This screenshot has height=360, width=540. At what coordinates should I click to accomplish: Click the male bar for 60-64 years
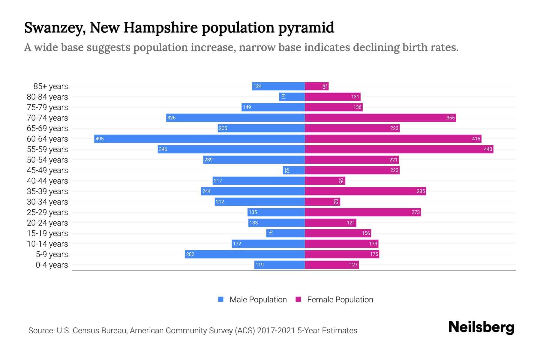click(x=199, y=139)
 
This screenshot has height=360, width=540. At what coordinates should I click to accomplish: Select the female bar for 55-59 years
click(x=399, y=149)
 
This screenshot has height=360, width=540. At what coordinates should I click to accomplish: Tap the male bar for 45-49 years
click(x=294, y=170)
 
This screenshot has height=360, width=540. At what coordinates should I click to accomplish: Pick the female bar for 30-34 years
click(x=322, y=202)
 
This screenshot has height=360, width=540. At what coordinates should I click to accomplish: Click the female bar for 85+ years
click(x=317, y=86)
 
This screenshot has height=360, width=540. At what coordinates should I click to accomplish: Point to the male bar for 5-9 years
click(x=245, y=254)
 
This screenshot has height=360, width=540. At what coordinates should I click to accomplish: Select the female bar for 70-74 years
click(x=380, y=118)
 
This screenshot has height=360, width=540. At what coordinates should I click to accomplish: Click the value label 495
click(x=100, y=139)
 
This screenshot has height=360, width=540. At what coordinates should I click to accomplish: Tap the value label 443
click(x=488, y=149)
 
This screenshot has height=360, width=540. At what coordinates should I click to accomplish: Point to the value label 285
click(x=421, y=191)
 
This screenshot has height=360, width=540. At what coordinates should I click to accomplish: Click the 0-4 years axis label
click(x=52, y=265)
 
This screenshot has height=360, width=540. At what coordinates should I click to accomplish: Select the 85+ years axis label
click(x=50, y=86)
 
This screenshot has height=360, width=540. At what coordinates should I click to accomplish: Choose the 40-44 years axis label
click(x=47, y=181)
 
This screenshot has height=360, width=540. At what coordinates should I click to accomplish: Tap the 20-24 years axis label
click(x=47, y=223)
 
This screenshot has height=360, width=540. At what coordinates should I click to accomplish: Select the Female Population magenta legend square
click(x=298, y=299)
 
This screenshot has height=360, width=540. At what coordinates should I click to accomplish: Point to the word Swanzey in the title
click(x=55, y=28)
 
